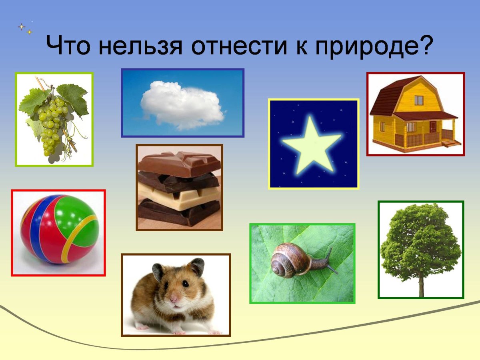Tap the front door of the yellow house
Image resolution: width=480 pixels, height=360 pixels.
[x=433, y=128]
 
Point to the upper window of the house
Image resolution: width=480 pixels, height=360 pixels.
[x=419, y=100]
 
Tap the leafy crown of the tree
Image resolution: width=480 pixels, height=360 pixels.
[x=420, y=240]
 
